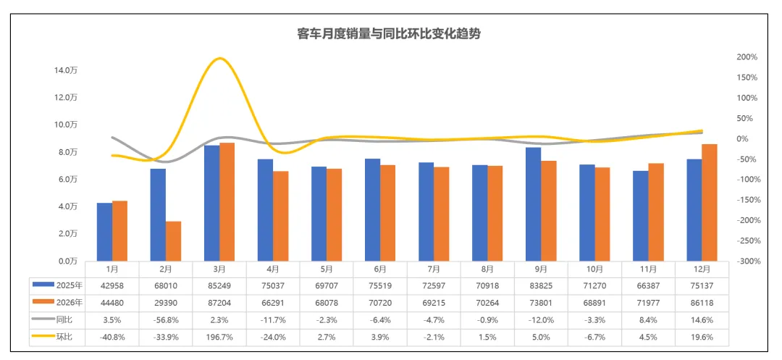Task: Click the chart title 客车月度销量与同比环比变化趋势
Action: click(x=389, y=33)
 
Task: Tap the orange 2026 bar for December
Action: click(x=709, y=202)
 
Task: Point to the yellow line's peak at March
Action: click(x=220, y=59)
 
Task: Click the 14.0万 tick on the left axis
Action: click(x=66, y=70)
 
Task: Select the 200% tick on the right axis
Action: click(x=747, y=56)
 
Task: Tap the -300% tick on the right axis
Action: click(x=747, y=261)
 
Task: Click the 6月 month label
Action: click(x=380, y=269)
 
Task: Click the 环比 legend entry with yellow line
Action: click(x=57, y=336)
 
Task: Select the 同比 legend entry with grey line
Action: click(x=57, y=319)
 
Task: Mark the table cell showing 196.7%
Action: click(x=219, y=336)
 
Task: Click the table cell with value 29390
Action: click(x=166, y=302)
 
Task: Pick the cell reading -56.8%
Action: click(x=166, y=319)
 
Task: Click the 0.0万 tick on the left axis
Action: click(x=67, y=261)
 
